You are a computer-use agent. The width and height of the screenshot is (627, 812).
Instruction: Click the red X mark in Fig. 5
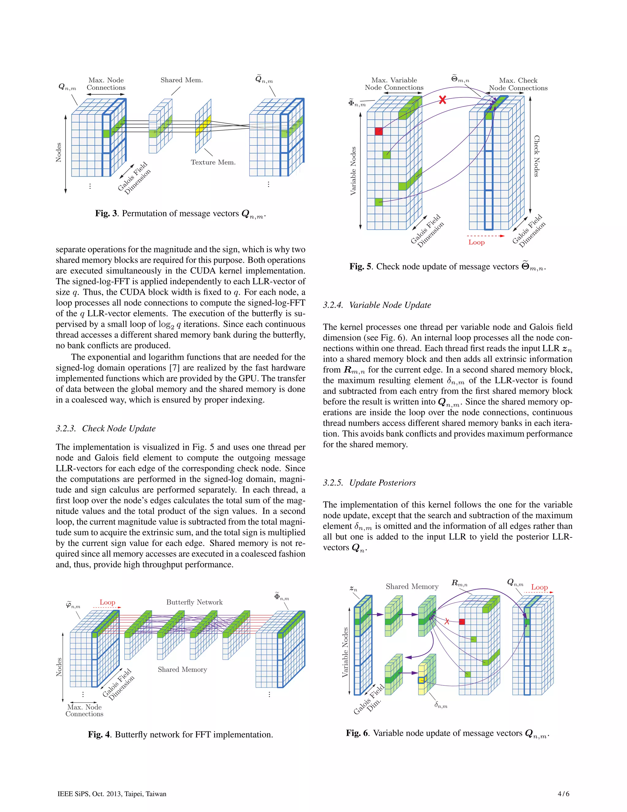coord(442,100)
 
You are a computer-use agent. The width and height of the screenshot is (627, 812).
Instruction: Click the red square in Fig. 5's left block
coord(378,131)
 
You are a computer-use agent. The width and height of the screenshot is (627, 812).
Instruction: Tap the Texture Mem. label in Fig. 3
coord(213,162)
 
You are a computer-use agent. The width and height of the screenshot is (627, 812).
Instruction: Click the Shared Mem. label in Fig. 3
coord(182,80)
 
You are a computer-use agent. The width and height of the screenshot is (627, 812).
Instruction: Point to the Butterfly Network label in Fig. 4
coord(194,602)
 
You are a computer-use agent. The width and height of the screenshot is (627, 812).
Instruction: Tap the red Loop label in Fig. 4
coord(107,602)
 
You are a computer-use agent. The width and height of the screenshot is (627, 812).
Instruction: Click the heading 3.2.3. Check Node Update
coord(106,428)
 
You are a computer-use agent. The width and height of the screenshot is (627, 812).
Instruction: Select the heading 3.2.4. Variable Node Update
coord(377,305)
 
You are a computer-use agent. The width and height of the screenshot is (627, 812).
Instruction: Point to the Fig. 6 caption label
coord(357,733)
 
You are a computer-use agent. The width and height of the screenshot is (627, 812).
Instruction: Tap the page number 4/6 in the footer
coord(563,794)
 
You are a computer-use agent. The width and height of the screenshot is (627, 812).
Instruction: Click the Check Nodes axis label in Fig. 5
coord(536,156)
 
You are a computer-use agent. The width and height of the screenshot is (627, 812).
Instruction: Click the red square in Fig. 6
coord(462,622)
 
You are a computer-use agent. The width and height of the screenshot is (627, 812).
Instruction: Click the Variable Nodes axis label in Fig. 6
coord(345,652)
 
